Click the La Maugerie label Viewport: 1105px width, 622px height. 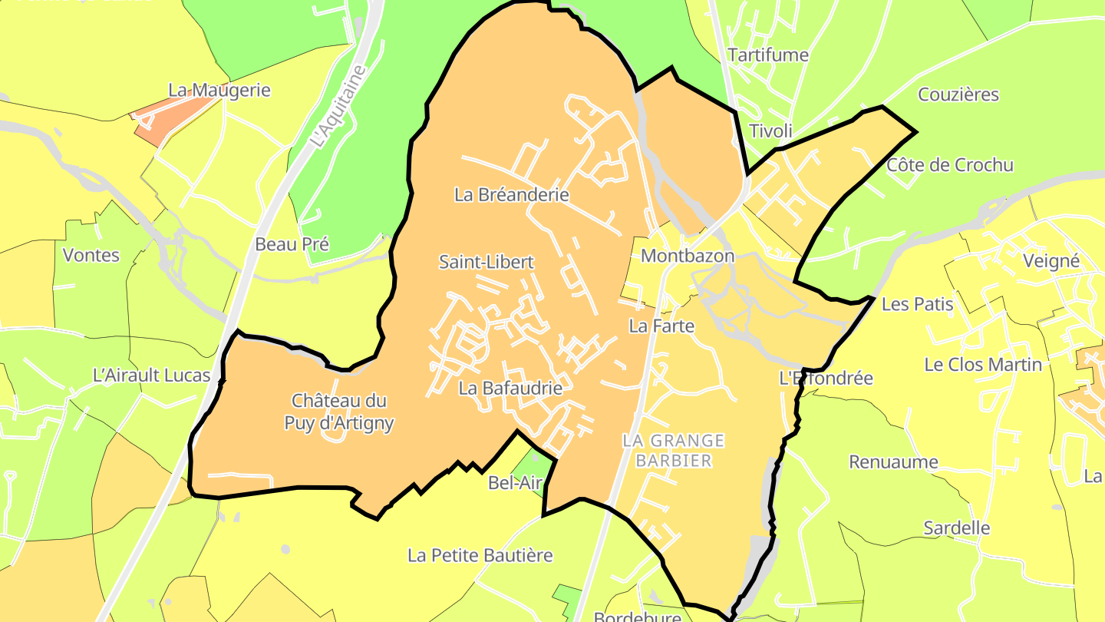219,90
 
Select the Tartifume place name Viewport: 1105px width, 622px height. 768,55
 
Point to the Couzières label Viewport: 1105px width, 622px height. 958,94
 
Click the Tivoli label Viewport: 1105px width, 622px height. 770,131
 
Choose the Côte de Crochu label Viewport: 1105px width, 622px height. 949,165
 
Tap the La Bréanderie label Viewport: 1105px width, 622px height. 512,194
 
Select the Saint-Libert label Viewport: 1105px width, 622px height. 486,262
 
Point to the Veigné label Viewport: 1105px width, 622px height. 1051,261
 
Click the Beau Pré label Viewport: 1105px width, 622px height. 292,244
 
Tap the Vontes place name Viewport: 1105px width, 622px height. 91,255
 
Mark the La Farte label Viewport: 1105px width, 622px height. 661,326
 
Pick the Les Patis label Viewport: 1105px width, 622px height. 917,304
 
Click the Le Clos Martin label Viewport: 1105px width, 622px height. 983,364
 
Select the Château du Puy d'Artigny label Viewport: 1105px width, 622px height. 339,412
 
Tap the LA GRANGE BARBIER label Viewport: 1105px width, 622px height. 673,450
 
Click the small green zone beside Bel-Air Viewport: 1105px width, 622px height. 533,465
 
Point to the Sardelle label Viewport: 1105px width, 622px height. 956,528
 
